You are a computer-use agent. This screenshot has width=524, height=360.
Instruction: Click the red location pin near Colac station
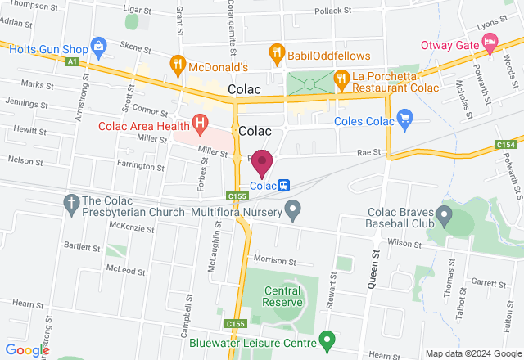tap(262, 162)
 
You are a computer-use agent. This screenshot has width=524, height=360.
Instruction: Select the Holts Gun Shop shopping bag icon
tap(99, 44)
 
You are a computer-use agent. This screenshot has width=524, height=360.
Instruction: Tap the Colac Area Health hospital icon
tap(199, 124)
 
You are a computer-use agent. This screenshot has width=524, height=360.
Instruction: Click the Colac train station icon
tap(283, 186)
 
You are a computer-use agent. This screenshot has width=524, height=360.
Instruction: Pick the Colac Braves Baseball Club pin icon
tap(445, 216)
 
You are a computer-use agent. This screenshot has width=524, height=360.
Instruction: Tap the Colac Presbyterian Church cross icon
tap(71, 202)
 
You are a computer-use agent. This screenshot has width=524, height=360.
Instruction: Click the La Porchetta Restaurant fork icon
tap(341, 79)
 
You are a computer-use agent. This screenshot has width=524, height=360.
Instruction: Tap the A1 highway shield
tap(73, 61)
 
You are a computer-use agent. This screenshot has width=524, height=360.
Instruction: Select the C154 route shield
tap(504, 145)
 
